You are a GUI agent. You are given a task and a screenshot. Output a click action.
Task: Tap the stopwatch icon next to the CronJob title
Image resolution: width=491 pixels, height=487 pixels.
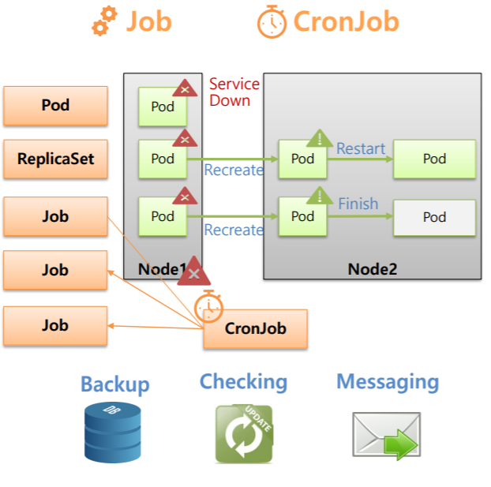click(272, 22)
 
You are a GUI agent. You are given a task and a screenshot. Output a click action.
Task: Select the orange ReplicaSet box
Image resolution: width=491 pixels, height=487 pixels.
click(55, 159)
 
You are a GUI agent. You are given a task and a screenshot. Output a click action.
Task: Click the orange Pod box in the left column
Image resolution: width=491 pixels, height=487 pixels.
click(55, 106)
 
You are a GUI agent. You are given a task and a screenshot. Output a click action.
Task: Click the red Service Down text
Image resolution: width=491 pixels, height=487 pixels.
click(234, 92)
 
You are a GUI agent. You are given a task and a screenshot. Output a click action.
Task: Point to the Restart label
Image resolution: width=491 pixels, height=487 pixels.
click(361, 148)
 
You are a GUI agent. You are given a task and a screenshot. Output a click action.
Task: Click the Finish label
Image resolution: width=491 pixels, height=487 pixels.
click(358, 204)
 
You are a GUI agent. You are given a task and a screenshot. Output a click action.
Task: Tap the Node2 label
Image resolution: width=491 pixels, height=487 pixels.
click(372, 269)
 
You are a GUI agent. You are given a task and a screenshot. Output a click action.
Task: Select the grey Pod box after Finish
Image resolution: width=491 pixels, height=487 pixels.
click(434, 218)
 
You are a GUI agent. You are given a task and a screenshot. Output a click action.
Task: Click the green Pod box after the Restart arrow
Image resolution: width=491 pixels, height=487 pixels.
click(434, 159)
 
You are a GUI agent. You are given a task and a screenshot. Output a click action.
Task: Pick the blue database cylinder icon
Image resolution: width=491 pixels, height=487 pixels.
click(112, 432)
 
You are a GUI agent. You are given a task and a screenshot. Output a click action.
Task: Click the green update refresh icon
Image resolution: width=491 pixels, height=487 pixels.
click(244, 433)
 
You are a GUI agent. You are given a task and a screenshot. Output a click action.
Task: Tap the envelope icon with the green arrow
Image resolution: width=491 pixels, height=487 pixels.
click(385, 436)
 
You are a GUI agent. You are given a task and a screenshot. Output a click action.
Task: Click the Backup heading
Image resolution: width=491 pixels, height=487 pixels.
click(114, 384)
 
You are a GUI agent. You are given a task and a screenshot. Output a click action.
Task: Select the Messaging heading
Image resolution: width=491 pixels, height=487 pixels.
click(388, 382)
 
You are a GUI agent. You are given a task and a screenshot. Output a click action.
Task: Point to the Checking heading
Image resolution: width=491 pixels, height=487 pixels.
click(243, 382)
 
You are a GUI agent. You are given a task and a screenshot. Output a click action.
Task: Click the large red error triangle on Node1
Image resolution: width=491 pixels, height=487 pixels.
click(193, 272)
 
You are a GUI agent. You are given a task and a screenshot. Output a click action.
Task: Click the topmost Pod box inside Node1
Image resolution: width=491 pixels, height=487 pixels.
click(163, 107)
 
